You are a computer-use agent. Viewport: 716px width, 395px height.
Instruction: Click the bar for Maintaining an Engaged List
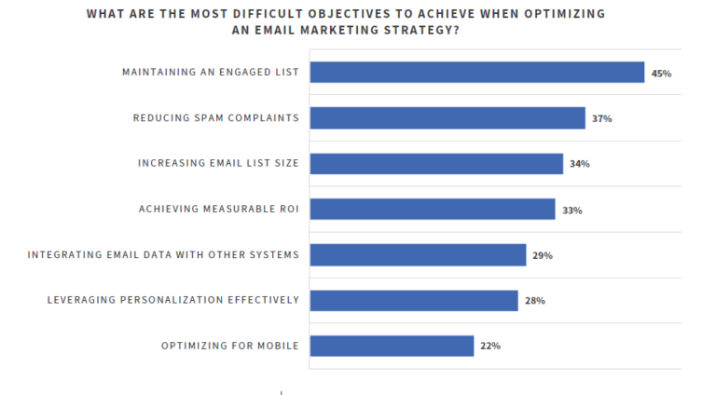476,73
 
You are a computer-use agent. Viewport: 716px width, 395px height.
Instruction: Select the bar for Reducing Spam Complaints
447,118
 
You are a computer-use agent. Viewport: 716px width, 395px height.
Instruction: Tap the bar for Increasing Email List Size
436,164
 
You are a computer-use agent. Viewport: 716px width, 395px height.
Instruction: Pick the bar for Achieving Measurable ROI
433,210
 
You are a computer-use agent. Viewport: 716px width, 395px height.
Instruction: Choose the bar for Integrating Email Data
418,255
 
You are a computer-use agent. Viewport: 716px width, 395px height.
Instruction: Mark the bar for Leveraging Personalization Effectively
414,300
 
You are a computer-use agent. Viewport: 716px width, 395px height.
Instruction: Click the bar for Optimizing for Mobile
392,346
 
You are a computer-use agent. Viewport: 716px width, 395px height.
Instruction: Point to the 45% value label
661,74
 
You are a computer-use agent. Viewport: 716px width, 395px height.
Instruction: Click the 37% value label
601,119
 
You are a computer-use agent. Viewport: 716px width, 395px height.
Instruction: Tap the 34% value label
579,164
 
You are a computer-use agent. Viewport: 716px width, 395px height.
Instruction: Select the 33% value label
571,211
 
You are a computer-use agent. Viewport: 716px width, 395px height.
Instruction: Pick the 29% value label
542,255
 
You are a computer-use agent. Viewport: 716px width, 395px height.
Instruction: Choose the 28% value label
534,301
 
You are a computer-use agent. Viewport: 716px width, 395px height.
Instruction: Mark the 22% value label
490,347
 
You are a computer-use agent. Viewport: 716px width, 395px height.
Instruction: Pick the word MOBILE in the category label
277,346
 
